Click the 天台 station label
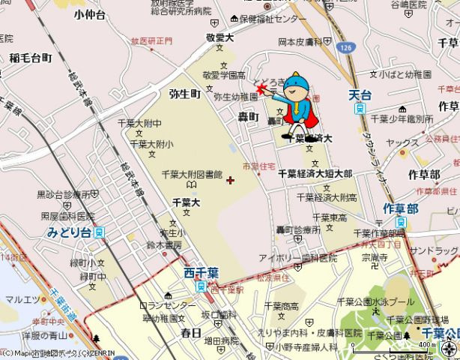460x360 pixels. pyautogui.click(x=361, y=95)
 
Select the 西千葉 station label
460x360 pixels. pyautogui.click(x=200, y=273)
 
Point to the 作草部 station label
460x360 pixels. pyautogui.click(x=399, y=208)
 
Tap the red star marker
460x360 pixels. pyautogui.click(x=261, y=89)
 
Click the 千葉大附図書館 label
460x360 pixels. pyautogui.click(x=192, y=175)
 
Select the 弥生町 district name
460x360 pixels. pyautogui.click(x=185, y=94)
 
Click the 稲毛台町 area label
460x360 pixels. pyautogui.click(x=31, y=57)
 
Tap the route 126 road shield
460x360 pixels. pyautogui.click(x=345, y=47)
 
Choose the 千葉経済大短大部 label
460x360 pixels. pyautogui.click(x=315, y=173)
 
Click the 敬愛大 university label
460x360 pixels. pyautogui.click(x=221, y=37)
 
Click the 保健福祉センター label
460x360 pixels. pyautogui.click(x=273, y=19)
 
